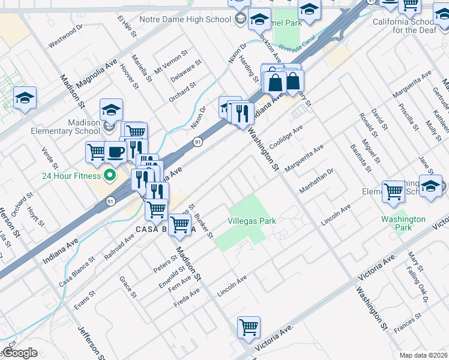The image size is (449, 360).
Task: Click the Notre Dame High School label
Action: (x=185, y=19)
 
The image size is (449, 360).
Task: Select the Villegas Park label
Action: (x=252, y=221)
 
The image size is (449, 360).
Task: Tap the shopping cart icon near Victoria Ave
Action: (x=248, y=327)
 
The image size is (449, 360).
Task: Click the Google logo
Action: (x=20, y=353)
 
